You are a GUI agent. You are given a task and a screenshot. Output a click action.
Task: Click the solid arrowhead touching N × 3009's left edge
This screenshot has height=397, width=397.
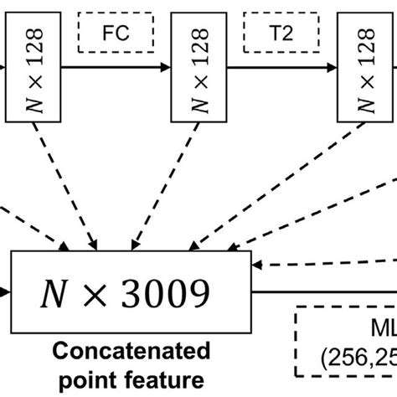click(x=7, y=293)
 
